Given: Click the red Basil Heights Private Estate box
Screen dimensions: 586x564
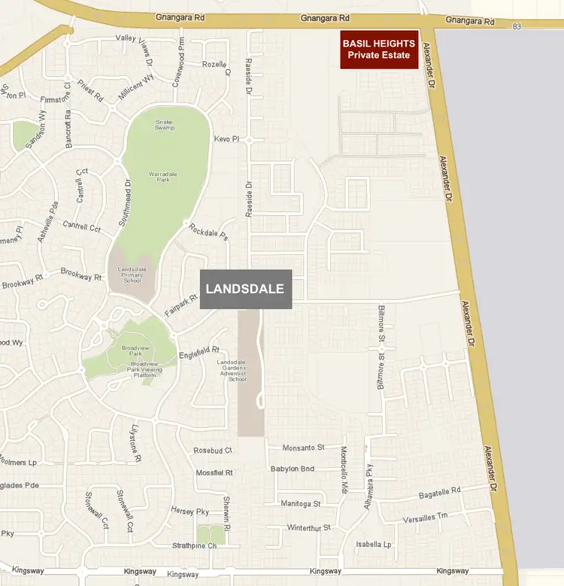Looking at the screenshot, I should (379, 50).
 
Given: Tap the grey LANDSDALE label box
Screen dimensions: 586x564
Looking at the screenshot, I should (245, 289).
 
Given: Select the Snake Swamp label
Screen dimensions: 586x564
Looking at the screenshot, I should (165, 125).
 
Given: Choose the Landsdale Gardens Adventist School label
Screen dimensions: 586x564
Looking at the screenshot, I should (232, 371).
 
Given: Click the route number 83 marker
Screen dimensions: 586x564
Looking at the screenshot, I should (517, 27).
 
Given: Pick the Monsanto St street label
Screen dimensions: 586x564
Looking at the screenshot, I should (302, 448).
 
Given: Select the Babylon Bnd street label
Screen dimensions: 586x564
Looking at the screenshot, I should (293, 469).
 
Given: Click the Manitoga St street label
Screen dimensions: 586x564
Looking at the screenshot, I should (300, 503).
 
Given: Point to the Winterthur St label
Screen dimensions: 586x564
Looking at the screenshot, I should (309, 528).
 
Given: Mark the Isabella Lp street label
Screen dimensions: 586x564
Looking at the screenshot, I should (373, 545).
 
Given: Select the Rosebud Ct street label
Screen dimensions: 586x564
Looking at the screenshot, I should (213, 451).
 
